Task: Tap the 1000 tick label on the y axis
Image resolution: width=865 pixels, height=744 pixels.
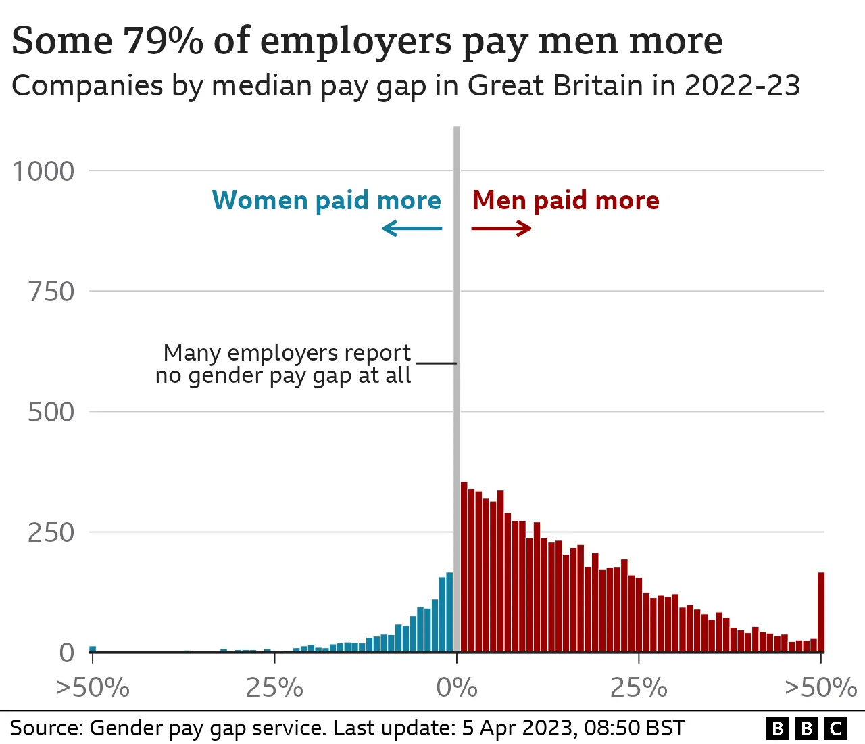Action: [44, 171]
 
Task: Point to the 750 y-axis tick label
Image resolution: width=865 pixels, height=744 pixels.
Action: [51, 292]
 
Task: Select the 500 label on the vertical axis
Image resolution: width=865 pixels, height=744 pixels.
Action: [51, 412]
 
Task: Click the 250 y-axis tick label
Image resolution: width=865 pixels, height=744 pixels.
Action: [51, 532]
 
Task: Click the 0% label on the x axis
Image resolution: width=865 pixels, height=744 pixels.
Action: [457, 688]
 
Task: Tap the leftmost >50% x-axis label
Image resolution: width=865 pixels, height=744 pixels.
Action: [93, 688]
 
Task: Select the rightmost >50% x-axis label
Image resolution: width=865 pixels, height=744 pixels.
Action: [820, 688]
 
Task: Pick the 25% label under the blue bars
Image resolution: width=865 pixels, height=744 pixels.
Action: [274, 688]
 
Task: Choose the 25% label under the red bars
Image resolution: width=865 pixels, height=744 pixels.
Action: [639, 688]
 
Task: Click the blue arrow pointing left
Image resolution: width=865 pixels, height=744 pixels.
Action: [412, 229]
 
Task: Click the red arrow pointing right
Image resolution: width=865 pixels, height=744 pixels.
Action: [501, 229]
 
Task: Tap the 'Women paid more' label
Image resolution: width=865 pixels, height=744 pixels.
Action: [326, 201]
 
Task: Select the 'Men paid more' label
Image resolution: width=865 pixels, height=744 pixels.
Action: [566, 201]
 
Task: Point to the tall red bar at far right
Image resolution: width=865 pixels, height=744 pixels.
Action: [821, 612]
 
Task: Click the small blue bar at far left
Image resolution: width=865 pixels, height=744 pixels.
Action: [93, 649]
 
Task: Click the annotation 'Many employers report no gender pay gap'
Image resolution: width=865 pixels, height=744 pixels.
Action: [284, 364]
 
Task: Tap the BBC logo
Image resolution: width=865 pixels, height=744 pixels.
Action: [807, 728]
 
